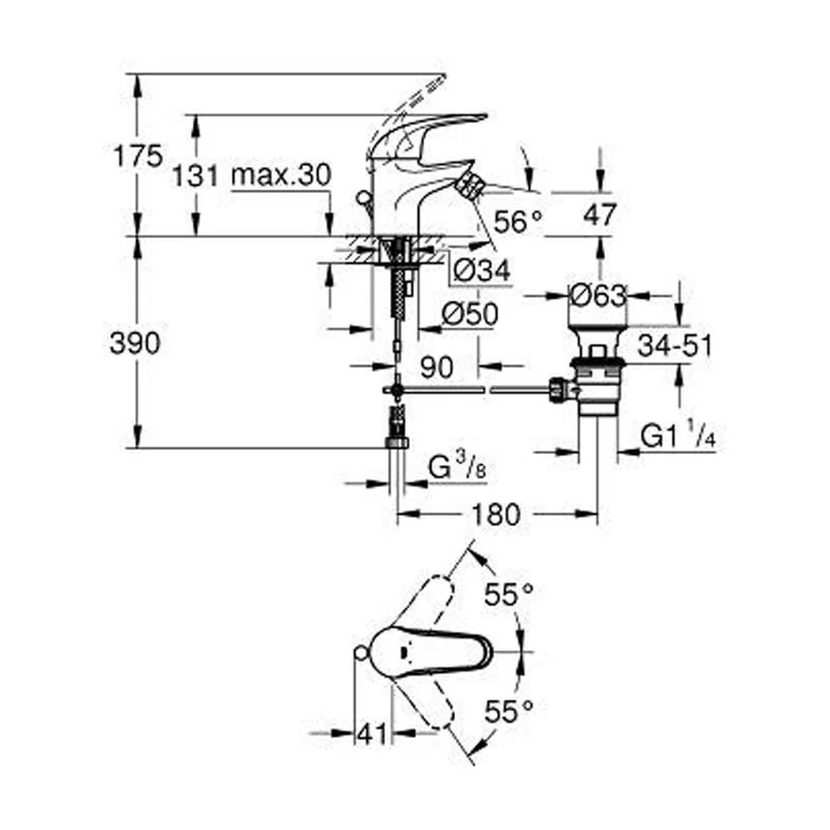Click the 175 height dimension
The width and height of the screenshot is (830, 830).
(138, 156)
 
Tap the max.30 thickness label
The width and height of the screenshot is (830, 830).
(281, 174)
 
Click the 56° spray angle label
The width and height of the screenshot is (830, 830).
(518, 222)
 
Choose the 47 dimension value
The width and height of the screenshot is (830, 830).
(600, 214)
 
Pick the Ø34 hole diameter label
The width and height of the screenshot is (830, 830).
(482, 271)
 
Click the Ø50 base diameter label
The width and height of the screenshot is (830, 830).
(470, 314)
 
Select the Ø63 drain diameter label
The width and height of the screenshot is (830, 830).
(598, 295)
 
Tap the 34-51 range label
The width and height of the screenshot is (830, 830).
(675, 345)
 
